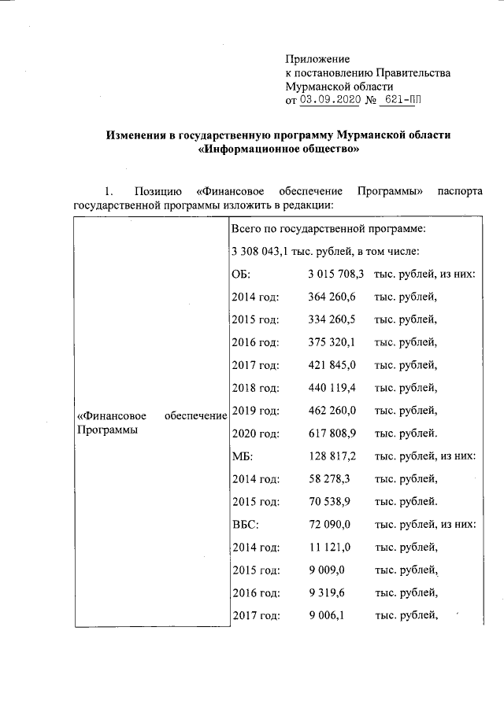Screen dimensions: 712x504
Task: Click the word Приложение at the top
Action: [x=317, y=59]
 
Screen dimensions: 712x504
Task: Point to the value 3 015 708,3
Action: [x=335, y=274]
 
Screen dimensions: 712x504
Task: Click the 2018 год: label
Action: [x=256, y=388]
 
